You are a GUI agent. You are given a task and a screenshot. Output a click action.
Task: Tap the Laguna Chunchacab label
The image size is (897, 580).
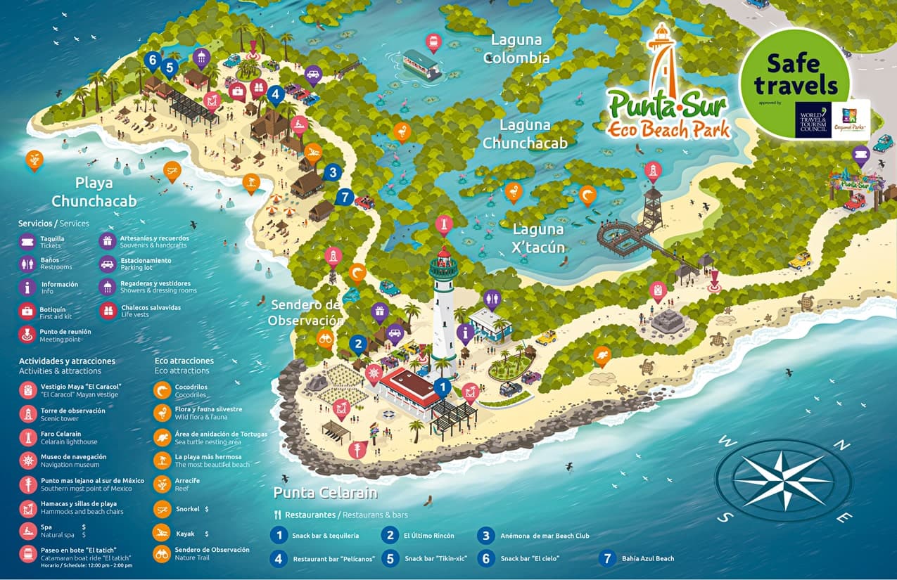pyautogui.click(x=524, y=134)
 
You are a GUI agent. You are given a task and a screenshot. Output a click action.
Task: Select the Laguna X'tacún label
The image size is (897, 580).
pyautogui.click(x=538, y=238)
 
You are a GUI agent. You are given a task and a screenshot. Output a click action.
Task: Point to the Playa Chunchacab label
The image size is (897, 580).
pyautogui.click(x=94, y=192)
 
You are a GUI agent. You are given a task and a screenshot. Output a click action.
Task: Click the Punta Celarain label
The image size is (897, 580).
pyautogui.click(x=325, y=492)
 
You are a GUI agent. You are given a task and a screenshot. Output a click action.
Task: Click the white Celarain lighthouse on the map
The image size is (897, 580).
pyautogui.click(x=444, y=309)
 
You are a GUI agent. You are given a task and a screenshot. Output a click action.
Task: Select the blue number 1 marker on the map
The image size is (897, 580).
pyautogui.click(x=442, y=387)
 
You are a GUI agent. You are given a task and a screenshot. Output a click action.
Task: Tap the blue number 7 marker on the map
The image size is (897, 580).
pyautogui.click(x=344, y=197)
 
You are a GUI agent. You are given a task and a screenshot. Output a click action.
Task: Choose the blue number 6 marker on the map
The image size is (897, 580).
pyautogui.click(x=152, y=60)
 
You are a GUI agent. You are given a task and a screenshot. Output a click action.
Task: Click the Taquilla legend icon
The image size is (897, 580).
pyautogui.click(x=27, y=242)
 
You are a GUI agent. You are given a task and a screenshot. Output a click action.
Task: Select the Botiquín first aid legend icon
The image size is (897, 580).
pyautogui.click(x=27, y=311)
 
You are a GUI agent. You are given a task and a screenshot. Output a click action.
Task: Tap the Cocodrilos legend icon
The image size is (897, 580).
pyautogui.click(x=163, y=390)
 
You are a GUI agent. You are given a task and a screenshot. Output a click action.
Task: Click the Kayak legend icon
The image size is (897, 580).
pyautogui.click(x=163, y=533)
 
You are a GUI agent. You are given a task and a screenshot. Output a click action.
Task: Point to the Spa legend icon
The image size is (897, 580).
pyautogui.click(x=27, y=530)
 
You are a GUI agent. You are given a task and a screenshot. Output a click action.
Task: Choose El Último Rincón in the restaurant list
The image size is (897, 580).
pyautogui.click(x=428, y=536)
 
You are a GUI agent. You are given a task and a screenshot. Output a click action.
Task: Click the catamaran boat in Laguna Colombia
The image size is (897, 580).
pyautogui.click(x=421, y=65)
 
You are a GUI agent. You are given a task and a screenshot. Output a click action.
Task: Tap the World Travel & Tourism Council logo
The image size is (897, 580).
pyautogui.click(x=813, y=120)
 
